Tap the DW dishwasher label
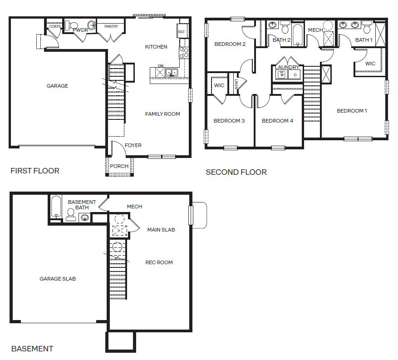click(161, 66)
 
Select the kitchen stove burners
click(184, 53)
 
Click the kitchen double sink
click(172, 72)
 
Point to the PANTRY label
click(111, 26)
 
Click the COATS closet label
click(55, 26)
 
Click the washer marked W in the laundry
click(282, 74)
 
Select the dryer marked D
click(295, 75)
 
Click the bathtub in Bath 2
click(298, 35)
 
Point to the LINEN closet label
click(236, 84)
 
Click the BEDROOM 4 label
click(277, 121)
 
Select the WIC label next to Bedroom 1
click(370, 64)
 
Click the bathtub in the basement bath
click(56, 207)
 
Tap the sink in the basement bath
click(84, 217)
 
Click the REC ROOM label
click(159, 262)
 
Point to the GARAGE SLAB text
click(58, 279)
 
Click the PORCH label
click(119, 166)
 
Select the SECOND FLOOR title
click(236, 172)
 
